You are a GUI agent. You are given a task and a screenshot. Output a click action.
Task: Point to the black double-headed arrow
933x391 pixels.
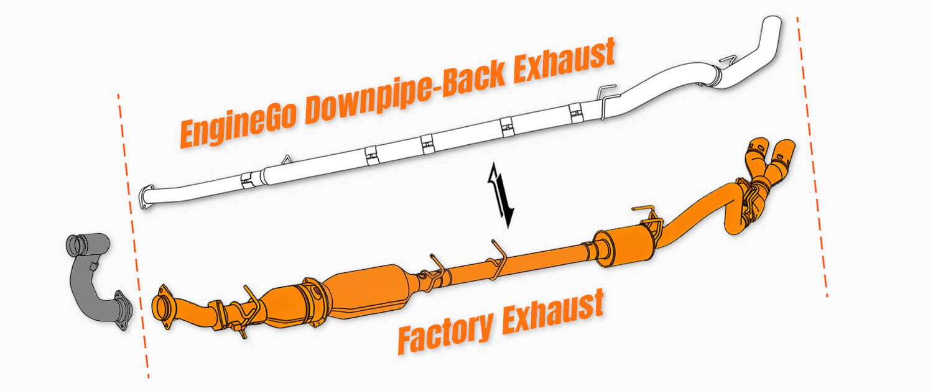[501, 195]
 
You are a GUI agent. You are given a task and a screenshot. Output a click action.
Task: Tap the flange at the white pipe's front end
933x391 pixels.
[146, 197]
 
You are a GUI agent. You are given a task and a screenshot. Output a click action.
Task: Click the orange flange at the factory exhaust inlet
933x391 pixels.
[163, 306]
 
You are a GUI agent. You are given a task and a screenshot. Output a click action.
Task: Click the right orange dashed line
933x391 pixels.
[812, 155]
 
